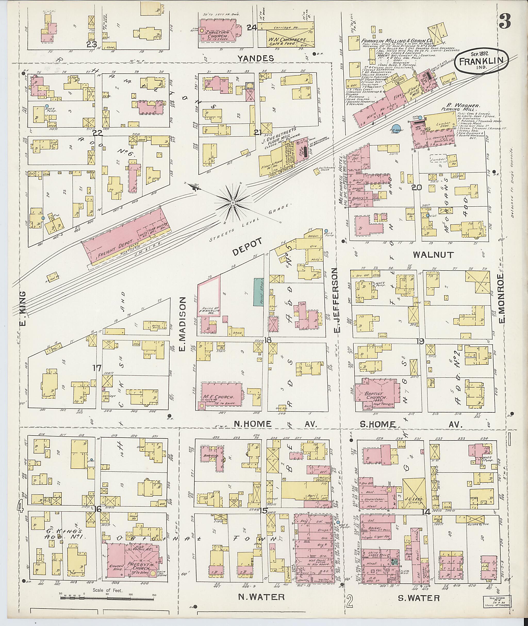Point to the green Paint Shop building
click(258, 292)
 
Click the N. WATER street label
click(261, 597)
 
